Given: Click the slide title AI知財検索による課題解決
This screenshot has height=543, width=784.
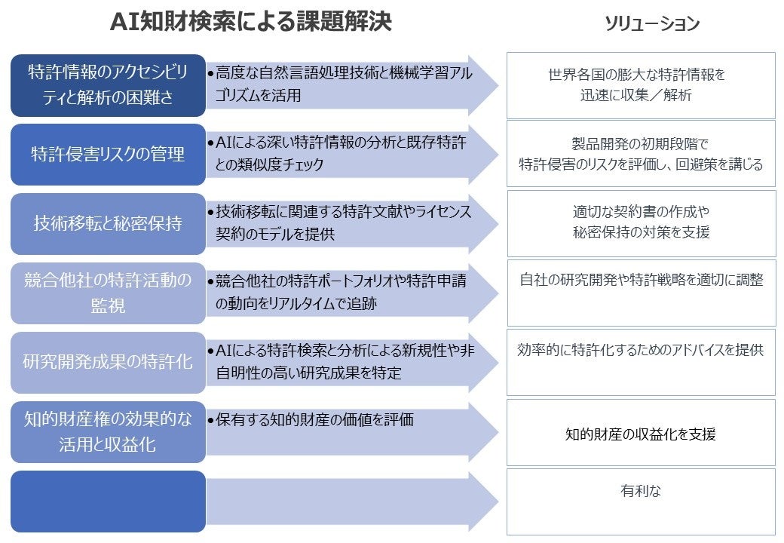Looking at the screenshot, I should pos(251,23).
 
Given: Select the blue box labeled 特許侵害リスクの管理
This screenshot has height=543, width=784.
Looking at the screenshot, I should pos(108,155).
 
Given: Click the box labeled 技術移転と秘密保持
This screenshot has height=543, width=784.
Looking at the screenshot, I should pos(108,224).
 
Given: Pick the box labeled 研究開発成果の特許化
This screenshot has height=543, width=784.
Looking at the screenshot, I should pos(108,362).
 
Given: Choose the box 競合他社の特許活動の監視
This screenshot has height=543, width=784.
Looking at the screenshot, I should pos(108,293).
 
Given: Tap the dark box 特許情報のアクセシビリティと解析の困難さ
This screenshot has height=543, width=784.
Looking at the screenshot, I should pos(108,85).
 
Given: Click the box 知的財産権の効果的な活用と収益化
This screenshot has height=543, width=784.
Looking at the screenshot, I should pos(108,432).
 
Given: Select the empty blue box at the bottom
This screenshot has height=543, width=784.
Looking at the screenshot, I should pos(108,502).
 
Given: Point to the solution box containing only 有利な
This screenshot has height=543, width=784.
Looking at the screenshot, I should pos(641,492).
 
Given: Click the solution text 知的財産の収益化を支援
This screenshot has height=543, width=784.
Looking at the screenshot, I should pos(641,434).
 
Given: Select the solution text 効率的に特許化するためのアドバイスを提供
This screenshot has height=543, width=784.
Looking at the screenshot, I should pos(641,350).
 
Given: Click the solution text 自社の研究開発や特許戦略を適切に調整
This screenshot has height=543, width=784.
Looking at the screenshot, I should pos(641,281).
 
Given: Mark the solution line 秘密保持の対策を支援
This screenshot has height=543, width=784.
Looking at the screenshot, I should pos(641,233).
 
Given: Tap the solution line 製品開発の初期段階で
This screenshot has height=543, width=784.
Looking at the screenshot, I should pos(641,144).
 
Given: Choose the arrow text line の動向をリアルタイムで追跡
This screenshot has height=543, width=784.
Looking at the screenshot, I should pos(296,304).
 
